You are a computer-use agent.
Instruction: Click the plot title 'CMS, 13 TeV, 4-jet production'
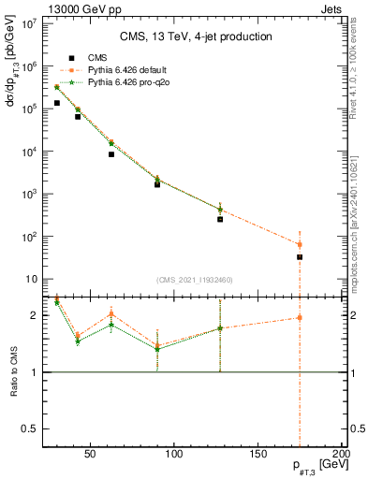coord(196,36)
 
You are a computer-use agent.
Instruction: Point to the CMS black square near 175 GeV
coord(300,256)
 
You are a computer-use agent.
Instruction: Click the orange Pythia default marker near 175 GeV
coord(300,244)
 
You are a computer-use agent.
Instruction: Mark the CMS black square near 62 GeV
coord(111,154)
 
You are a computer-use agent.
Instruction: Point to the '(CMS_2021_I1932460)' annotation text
coord(196,279)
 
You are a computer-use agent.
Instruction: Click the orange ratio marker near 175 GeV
coord(300,317)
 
